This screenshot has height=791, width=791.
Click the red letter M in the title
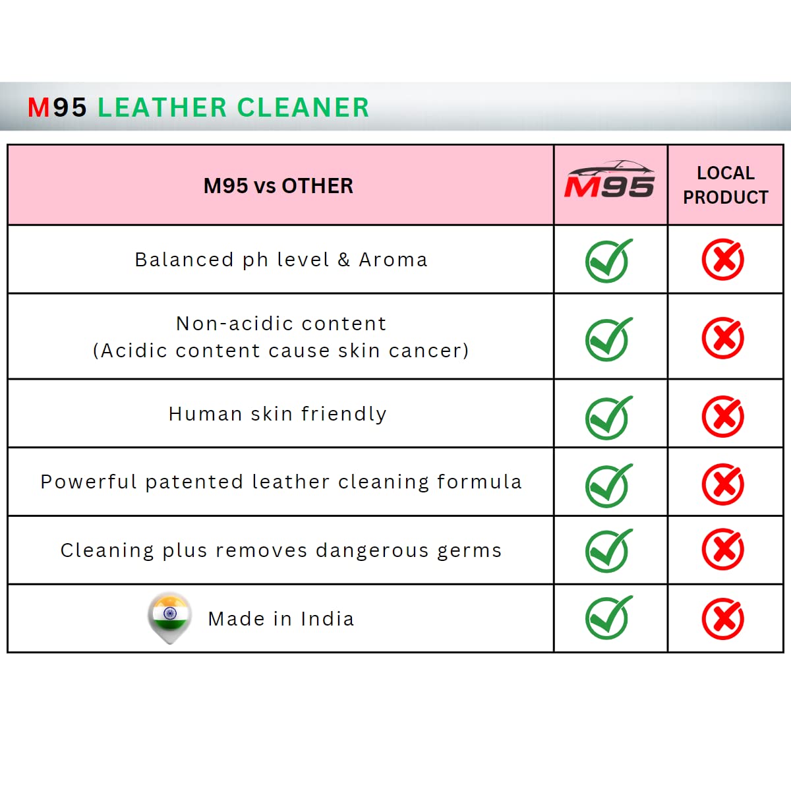[39, 107]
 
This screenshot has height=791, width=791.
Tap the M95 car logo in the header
[610, 181]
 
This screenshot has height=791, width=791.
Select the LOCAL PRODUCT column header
[725, 185]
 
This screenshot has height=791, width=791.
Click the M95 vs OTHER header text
[278, 186]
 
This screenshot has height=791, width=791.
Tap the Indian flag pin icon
[170, 616]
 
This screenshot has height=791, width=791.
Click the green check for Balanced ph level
[608, 260]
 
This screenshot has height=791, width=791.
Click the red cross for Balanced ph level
[723, 260]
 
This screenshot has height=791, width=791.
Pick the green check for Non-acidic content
[608, 339]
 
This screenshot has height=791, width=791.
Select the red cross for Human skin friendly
[723, 417]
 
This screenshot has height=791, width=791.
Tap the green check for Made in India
[608, 618]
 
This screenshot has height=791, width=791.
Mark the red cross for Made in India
[723, 618]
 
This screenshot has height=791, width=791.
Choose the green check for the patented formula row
[608, 485]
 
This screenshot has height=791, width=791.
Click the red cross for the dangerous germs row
[723, 550]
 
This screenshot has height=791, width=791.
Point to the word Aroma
[393, 260]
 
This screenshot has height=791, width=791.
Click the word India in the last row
[327, 619]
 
